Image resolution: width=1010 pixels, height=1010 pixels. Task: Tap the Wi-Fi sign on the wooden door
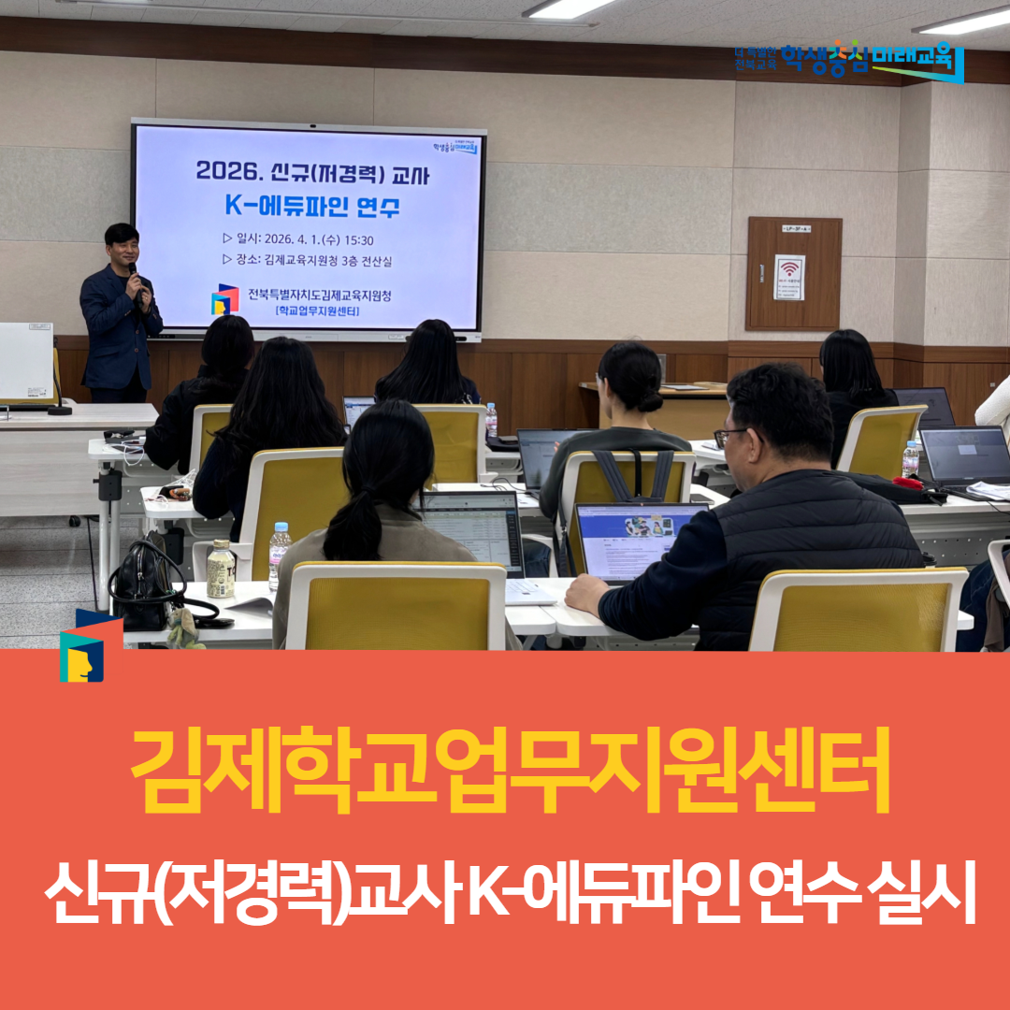(789, 277)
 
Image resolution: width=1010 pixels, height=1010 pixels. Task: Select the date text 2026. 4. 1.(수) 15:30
(306, 240)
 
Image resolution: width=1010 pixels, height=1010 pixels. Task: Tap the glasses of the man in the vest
(730, 434)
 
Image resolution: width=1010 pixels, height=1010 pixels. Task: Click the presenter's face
(123, 246)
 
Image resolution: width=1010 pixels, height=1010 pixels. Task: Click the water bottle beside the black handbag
(279, 554)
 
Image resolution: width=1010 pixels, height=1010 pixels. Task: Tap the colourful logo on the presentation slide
(224, 300)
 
